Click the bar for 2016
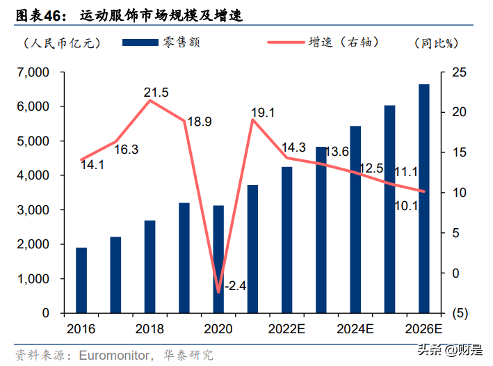point(81,280)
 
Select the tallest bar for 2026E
point(423,199)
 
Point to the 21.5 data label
point(156,93)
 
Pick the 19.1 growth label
point(263,112)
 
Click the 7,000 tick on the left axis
point(30,72)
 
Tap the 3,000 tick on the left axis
point(30,210)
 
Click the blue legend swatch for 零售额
point(140,43)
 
